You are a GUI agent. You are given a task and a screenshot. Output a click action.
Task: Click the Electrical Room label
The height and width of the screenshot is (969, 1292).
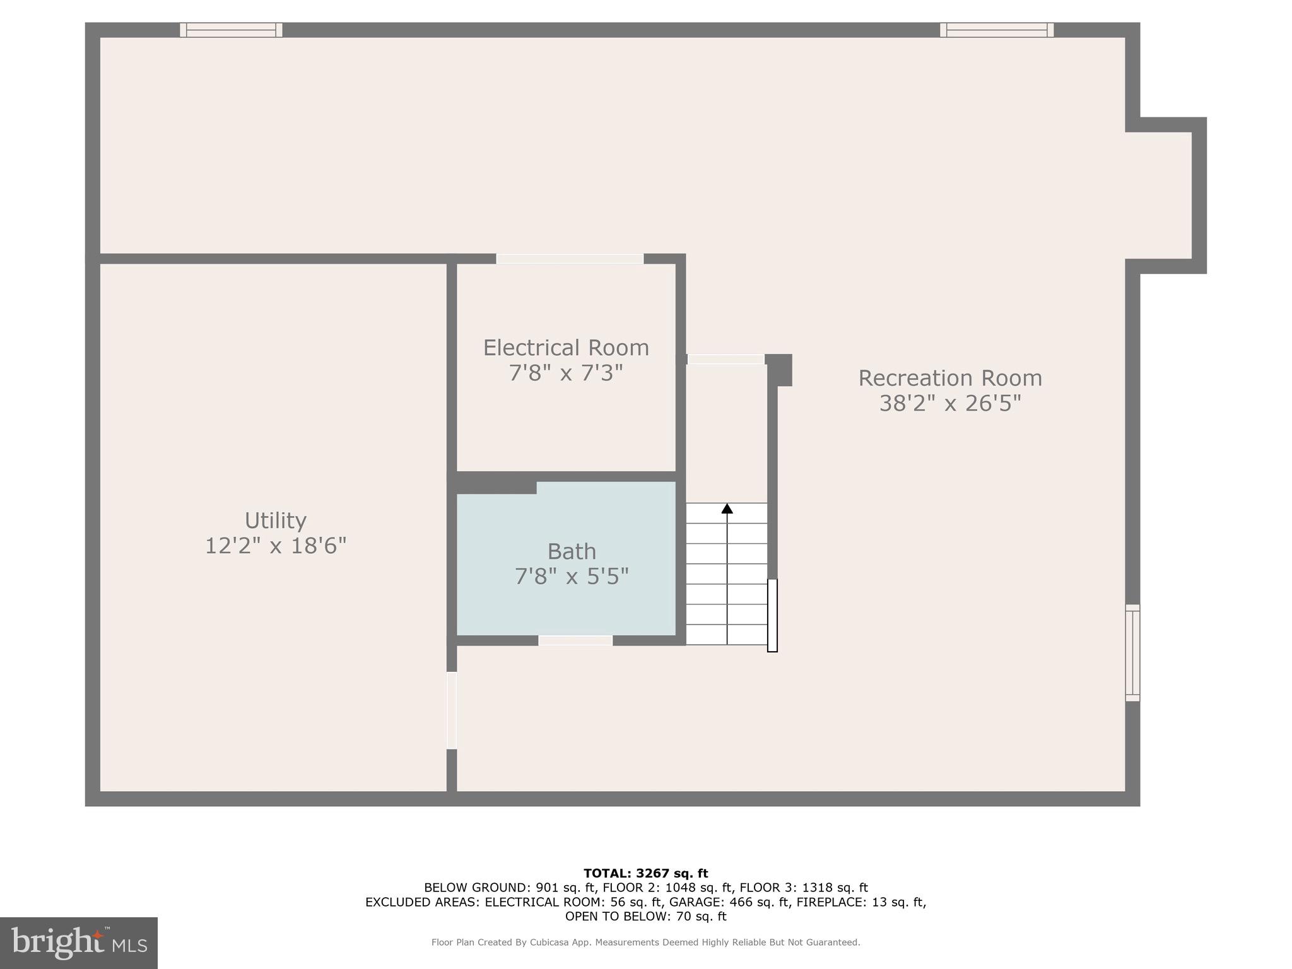click(565, 348)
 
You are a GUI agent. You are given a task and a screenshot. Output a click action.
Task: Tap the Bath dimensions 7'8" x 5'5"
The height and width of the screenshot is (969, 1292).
click(572, 577)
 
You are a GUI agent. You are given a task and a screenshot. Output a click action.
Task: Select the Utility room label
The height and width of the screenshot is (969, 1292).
click(276, 520)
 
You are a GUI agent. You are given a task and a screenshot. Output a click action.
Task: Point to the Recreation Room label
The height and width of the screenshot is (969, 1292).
click(949, 378)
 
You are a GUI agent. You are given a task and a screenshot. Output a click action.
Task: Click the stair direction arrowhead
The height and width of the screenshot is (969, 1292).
click(727, 508)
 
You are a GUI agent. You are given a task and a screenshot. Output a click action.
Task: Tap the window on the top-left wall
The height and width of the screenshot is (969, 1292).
click(231, 30)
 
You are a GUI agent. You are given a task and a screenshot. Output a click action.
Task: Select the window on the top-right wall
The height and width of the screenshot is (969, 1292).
click(996, 30)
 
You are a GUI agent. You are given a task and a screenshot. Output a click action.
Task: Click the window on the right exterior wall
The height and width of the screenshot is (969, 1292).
click(1132, 653)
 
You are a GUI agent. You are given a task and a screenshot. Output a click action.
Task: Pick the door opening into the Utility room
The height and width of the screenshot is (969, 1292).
click(452, 710)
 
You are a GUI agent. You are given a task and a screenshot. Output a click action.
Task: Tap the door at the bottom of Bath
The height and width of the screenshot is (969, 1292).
click(575, 640)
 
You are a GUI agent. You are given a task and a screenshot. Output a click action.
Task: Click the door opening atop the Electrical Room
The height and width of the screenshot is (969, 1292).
click(570, 259)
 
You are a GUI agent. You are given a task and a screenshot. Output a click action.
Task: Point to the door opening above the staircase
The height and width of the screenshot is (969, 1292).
click(725, 359)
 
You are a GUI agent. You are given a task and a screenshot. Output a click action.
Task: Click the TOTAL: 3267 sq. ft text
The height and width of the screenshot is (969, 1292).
click(645, 873)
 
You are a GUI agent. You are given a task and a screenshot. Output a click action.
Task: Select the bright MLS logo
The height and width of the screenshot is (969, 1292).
click(79, 943)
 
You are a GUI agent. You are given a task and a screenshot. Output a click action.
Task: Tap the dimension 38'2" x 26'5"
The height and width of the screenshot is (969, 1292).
click(949, 403)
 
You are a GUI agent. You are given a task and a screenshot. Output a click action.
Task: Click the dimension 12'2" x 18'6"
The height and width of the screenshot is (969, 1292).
click(276, 546)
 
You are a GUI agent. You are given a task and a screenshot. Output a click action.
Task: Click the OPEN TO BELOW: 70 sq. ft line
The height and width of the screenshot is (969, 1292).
click(645, 917)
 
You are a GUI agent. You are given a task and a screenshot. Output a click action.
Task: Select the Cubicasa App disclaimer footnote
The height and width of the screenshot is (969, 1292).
click(645, 943)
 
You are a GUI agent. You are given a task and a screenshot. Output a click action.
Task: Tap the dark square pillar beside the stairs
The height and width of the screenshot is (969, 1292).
click(779, 370)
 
